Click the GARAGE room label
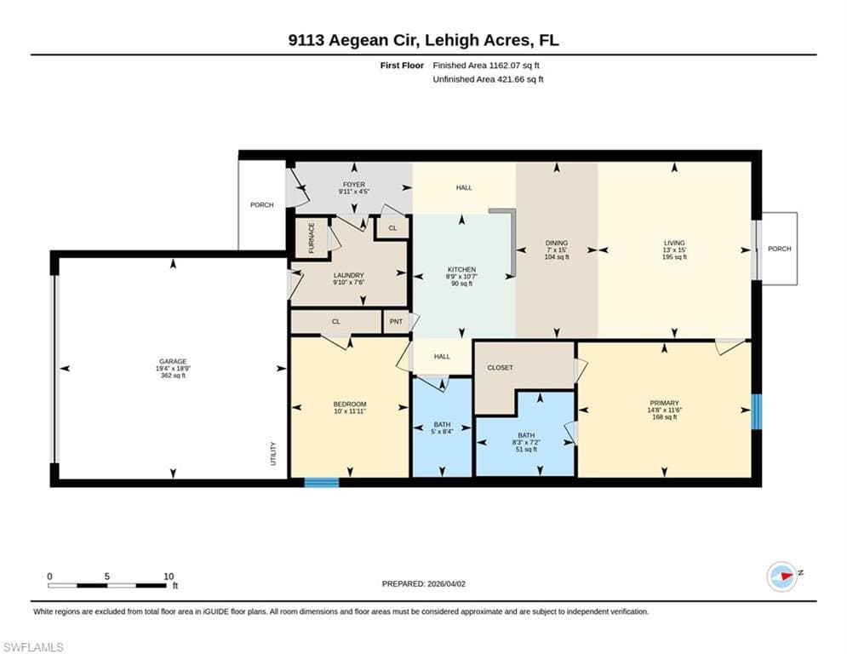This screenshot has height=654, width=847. pyautogui.click(x=173, y=362)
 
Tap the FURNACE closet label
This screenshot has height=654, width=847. pyautogui.click(x=312, y=238)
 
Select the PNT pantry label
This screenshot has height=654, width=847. pyautogui.click(x=396, y=322)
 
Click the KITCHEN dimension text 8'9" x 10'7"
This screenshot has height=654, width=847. pyautogui.click(x=461, y=276)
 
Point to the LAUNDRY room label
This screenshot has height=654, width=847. pyautogui.click(x=348, y=275)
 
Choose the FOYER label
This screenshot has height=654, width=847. pyautogui.click(x=354, y=185)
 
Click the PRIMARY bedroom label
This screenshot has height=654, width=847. pyautogui.click(x=664, y=403)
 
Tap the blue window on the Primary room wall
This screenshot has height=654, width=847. pyautogui.click(x=757, y=412)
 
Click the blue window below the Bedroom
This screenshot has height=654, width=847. pyautogui.click(x=322, y=482)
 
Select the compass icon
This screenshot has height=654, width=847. pyautogui.click(x=782, y=577)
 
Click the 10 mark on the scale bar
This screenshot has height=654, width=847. pyautogui.click(x=169, y=577)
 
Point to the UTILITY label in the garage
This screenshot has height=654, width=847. pyautogui.click(x=273, y=454)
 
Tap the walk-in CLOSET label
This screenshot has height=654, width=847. pyautogui.click(x=501, y=368)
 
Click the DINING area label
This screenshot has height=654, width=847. pyautogui.click(x=557, y=244)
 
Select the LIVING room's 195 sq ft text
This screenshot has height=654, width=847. pyautogui.click(x=674, y=257)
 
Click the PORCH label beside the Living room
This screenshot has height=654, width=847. pyautogui.click(x=779, y=249)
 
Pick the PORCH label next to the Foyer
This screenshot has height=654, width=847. pyautogui.click(x=262, y=205)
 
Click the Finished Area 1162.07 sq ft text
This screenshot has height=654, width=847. pyautogui.click(x=486, y=66)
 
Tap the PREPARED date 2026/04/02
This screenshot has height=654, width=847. pyautogui.click(x=446, y=583)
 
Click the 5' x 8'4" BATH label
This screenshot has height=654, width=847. pyautogui.click(x=442, y=428)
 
